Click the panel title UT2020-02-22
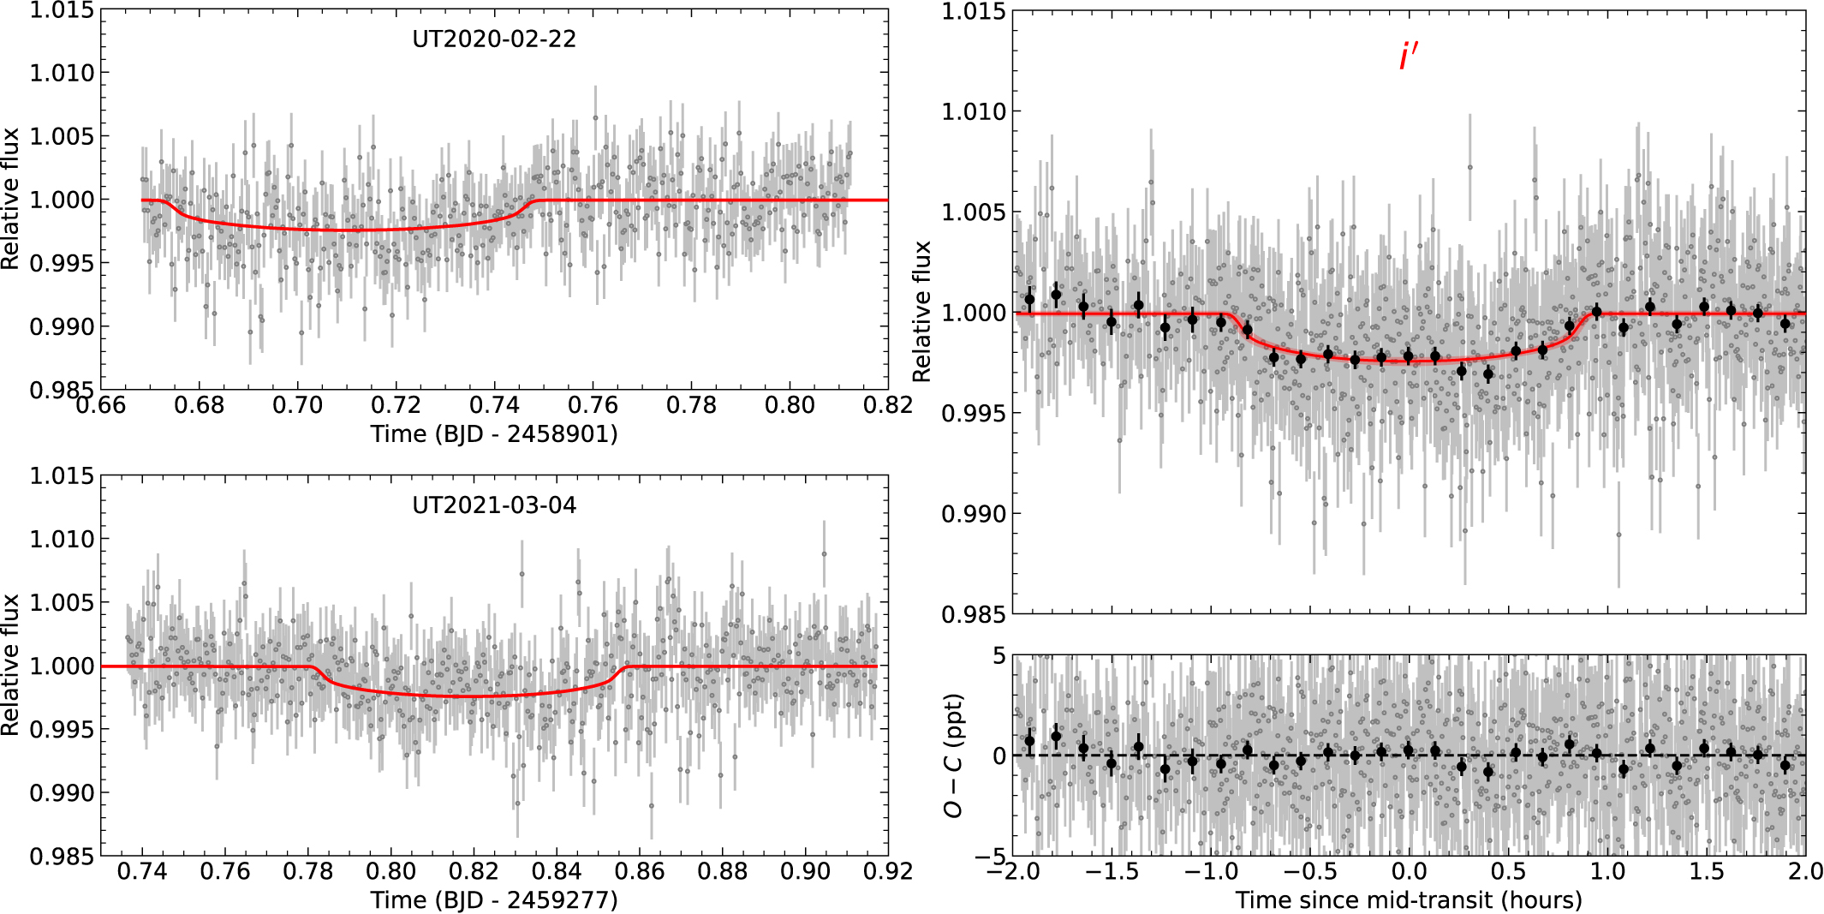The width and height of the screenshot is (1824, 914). coord(494,39)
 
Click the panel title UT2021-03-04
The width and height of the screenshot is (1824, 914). coord(494,505)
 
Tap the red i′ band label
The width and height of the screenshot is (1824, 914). coord(1409,57)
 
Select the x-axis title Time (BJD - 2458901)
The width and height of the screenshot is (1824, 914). coord(494,433)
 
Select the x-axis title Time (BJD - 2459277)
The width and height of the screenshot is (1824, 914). coord(494,899)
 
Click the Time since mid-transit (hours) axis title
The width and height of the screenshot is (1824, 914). coord(1409,899)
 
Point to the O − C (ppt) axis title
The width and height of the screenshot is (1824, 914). coord(953,756)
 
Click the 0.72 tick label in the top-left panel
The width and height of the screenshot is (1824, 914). coord(396,405)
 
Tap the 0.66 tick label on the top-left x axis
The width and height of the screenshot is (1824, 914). coord(101,405)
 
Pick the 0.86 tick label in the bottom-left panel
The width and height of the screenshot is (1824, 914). coord(640,871)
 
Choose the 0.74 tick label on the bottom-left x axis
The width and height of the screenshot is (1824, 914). coord(142,871)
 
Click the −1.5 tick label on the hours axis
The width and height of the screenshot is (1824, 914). coord(1112,871)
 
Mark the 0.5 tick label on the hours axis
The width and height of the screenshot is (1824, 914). coord(1508,871)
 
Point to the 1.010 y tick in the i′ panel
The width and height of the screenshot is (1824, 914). coord(973,111)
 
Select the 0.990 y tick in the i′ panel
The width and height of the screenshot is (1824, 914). coord(973,514)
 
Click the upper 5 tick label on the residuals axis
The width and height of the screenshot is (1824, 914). coord(998,656)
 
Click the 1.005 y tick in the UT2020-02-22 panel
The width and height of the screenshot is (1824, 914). coord(62,136)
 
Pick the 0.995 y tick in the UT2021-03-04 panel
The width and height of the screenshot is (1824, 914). coord(62,730)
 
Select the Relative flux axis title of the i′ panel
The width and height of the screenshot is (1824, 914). coord(921,312)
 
